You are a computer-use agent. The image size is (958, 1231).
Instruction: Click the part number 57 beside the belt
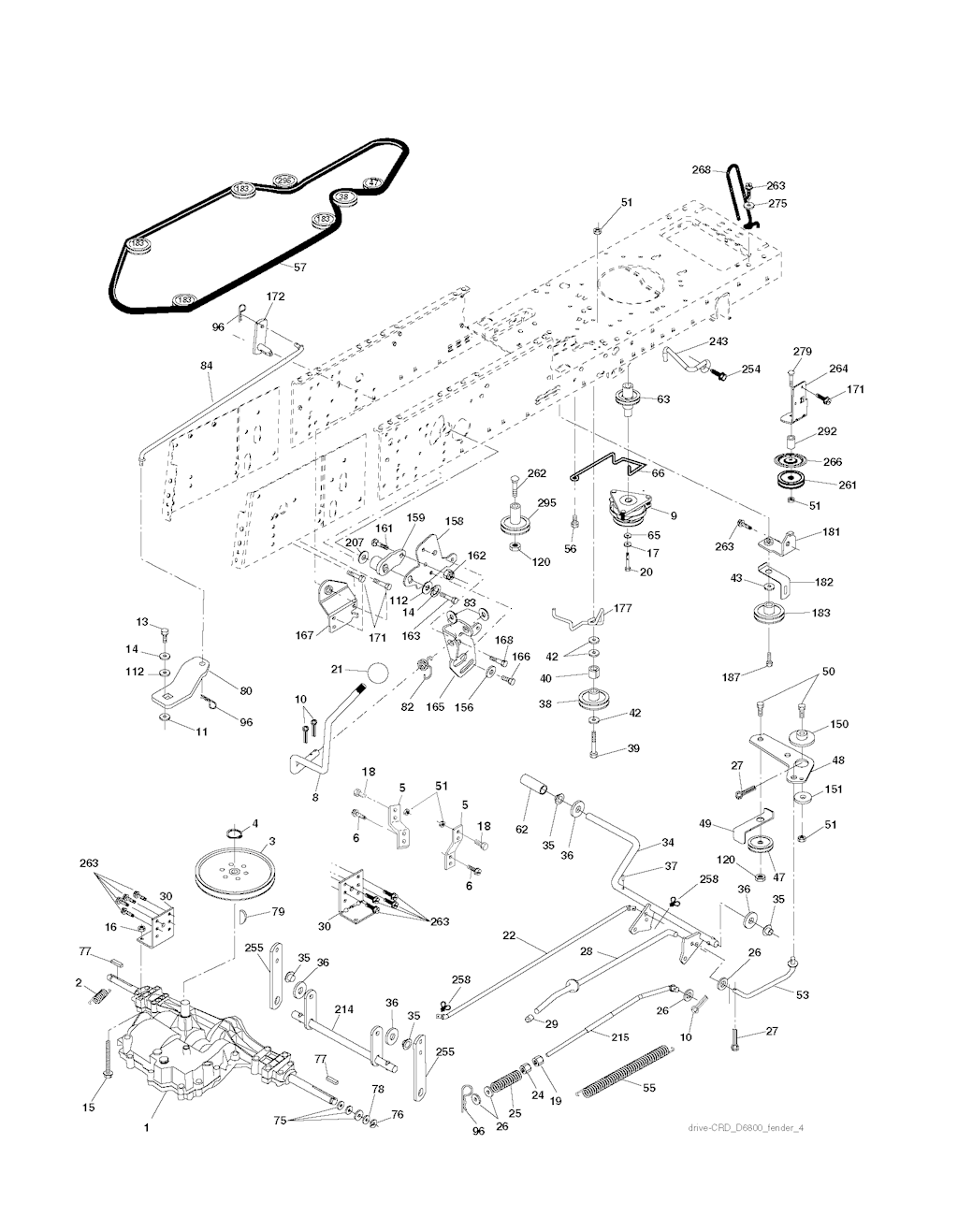[299, 267]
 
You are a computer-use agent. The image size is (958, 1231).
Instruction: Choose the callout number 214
[344, 1009]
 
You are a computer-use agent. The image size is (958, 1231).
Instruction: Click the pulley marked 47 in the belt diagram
[373, 182]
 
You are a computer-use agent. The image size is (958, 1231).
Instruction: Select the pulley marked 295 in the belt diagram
[284, 180]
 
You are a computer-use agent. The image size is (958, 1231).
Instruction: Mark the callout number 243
[718, 341]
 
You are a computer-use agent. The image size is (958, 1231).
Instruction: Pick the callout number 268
[728, 169]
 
